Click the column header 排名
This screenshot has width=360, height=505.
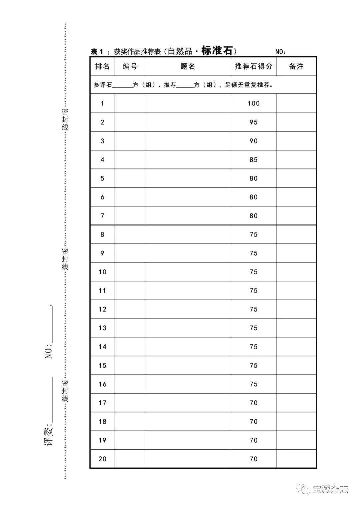[x=102, y=66]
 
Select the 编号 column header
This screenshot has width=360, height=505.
[x=130, y=66]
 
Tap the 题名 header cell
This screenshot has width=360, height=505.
[x=188, y=66]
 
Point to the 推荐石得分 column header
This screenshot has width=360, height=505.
[x=253, y=66]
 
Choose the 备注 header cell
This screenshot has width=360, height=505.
[x=296, y=66]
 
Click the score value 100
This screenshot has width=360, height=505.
[x=253, y=103]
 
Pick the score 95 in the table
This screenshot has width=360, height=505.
[x=253, y=122]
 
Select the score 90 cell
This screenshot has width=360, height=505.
[x=253, y=141]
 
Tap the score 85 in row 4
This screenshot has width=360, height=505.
[x=253, y=159]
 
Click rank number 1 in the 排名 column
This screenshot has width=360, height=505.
[x=102, y=103]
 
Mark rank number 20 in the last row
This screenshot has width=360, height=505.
[x=102, y=459]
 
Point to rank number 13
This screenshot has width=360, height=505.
[x=102, y=328]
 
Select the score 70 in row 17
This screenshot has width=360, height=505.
[x=253, y=403]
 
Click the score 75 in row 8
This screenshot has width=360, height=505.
[x=253, y=234]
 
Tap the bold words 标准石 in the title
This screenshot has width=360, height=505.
[x=217, y=51]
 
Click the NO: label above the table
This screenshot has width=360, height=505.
[x=280, y=52]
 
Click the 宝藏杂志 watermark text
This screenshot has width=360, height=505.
[x=330, y=489]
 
